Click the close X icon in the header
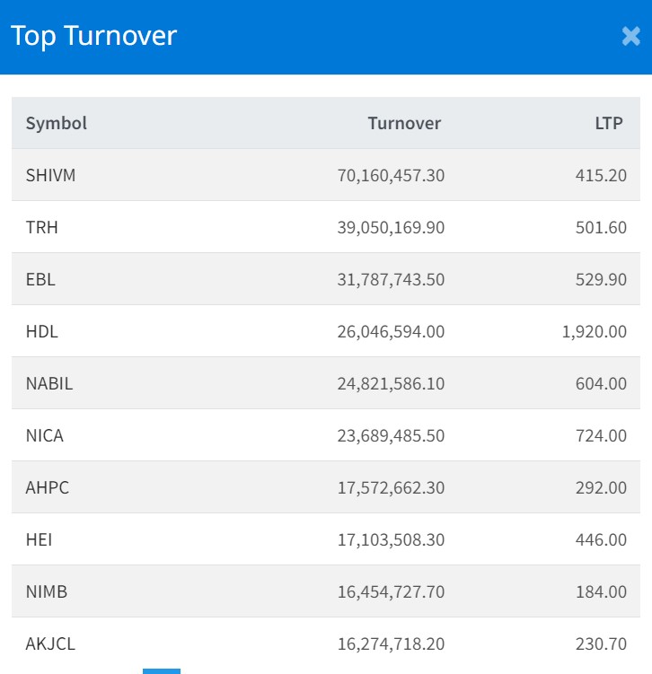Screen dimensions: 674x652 tap(630, 36)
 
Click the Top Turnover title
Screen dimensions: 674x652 tap(93, 36)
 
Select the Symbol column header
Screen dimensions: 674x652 tap(56, 123)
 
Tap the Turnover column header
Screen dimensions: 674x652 tap(404, 123)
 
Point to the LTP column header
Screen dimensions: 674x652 tap(608, 123)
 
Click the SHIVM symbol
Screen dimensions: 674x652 tap(50, 175)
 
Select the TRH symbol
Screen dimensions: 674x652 tap(41, 227)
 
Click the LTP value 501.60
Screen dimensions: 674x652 tap(601, 227)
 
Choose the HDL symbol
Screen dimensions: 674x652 tap(41, 331)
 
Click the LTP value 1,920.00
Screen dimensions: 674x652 tap(594, 331)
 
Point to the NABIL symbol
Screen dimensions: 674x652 tap(49, 383)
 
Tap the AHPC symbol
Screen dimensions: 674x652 tap(47, 487)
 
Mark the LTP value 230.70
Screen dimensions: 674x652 tap(601, 643)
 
